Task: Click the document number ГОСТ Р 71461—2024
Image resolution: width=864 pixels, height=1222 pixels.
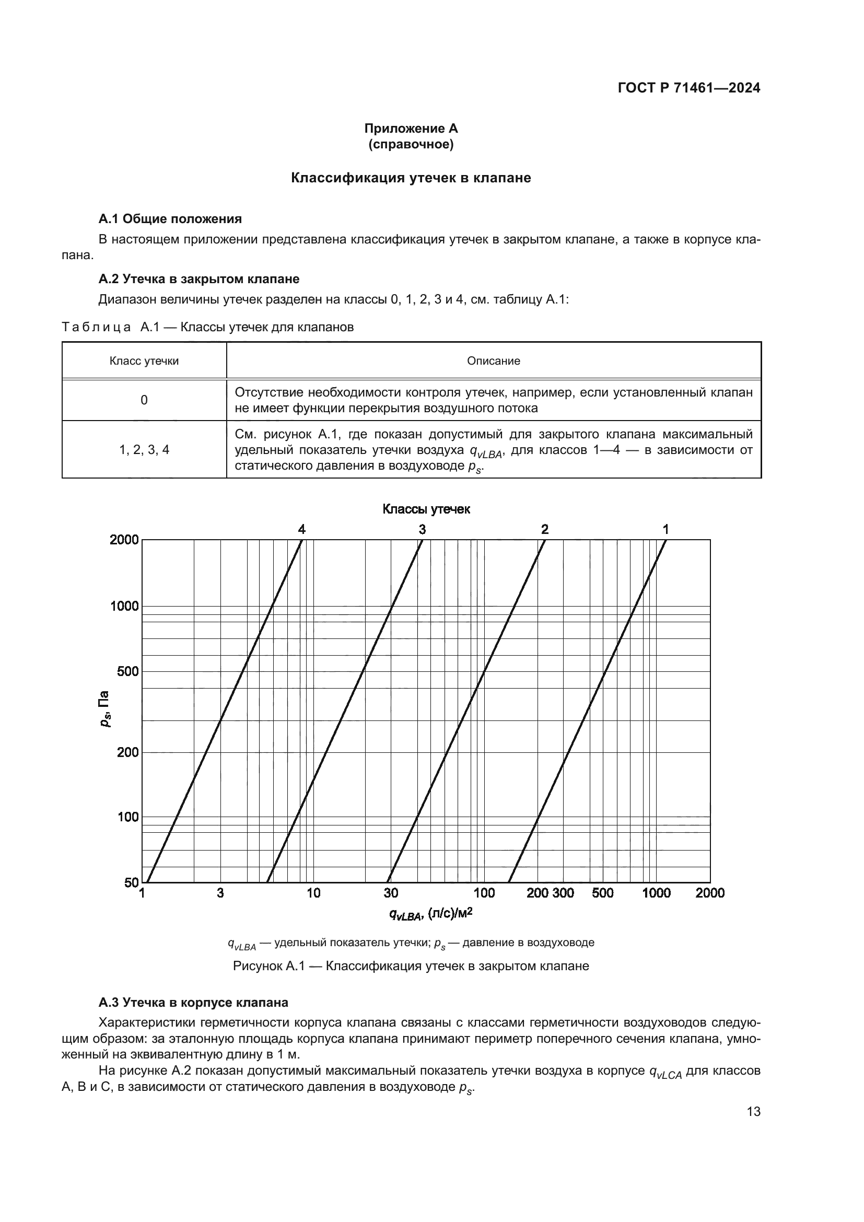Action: tap(688, 88)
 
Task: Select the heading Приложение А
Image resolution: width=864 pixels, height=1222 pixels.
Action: tap(411, 129)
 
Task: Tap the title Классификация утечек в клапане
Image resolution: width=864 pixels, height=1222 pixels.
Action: tap(411, 178)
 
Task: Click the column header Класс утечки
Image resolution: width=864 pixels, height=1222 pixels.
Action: tap(144, 361)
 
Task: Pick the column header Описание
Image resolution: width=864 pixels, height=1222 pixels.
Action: tap(493, 361)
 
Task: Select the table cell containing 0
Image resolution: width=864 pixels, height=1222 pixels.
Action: tap(144, 400)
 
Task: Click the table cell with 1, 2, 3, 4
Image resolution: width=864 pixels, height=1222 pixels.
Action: tap(144, 450)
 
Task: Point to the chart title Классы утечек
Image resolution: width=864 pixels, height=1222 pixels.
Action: tap(426, 509)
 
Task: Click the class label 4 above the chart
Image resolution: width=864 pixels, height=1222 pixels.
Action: tap(301, 529)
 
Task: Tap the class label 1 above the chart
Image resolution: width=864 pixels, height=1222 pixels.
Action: tap(665, 529)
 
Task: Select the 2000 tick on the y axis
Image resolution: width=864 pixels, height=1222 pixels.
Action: tap(124, 540)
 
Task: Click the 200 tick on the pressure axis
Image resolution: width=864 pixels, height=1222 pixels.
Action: tap(127, 752)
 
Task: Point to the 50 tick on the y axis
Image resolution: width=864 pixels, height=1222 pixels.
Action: tap(131, 882)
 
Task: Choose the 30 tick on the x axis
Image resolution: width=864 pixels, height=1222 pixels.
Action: tap(391, 893)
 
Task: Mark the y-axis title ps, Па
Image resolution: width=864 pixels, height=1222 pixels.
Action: tap(105, 709)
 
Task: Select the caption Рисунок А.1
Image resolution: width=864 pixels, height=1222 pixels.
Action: tap(411, 966)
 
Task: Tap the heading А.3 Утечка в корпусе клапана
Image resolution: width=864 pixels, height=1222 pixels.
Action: tap(193, 1003)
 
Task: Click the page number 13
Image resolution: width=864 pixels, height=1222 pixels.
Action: tap(753, 1112)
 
